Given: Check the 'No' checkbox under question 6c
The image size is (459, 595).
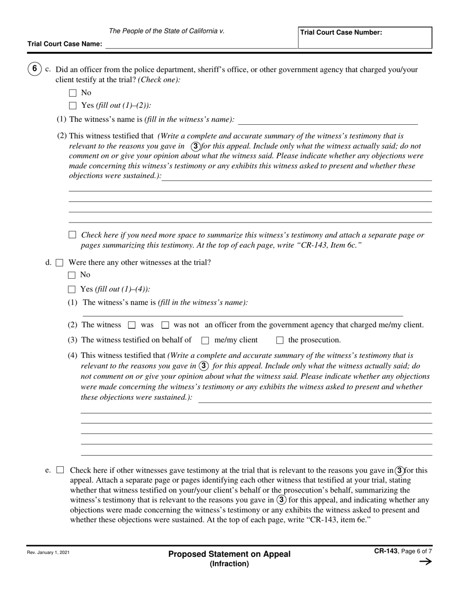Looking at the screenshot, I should coord(73,93).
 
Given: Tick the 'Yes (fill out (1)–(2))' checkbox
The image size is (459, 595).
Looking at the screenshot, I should coord(73,105).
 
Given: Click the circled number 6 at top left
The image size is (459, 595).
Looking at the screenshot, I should coord(34,69).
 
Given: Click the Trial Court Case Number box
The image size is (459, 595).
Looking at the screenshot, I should coord(365,38).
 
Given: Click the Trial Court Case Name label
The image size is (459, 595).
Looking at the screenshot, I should coord(65,44).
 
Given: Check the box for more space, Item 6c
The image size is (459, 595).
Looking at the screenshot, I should coord(72,235).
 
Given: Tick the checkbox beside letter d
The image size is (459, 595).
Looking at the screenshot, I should coord(60,263).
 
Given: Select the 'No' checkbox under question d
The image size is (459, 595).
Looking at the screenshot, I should coord(72,275).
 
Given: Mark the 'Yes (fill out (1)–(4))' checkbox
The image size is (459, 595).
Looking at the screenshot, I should coord(72,289).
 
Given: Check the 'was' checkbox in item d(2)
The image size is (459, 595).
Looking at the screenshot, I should coord(131,326).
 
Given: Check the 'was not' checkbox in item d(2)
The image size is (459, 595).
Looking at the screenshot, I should coord(165,326).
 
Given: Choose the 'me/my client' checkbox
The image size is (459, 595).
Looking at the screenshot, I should coord(205,341).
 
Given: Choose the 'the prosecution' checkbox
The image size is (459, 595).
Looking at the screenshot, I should coord(280,341).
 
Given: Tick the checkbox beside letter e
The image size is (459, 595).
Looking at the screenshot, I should coord(60,470).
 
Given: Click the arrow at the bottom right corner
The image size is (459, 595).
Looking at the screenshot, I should coord(425,562).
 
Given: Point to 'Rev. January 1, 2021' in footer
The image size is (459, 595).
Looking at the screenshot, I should coord(48,552).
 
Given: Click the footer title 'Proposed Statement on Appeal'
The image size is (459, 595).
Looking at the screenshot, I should coord(229,554).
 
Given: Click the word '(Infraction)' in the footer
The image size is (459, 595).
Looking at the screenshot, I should coord(229,564).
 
